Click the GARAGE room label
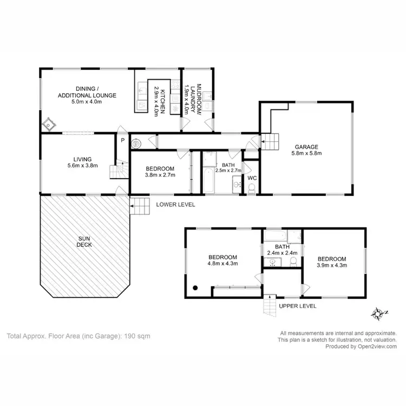pyautogui.click(x=306, y=146)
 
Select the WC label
pyautogui.click(x=252, y=178)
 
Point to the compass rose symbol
pyautogui.click(x=378, y=313)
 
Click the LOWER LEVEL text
pyautogui.click(x=175, y=205)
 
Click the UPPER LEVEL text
pyautogui.click(x=297, y=306)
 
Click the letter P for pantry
pyautogui.click(x=122, y=140)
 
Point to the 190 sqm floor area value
pyautogui.click(x=138, y=336)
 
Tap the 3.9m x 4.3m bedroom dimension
pyautogui.click(x=332, y=265)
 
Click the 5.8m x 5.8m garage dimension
pyautogui.click(x=306, y=153)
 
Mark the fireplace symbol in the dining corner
pyautogui.click(x=49, y=125)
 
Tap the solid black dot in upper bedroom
pyautogui.click(x=195, y=289)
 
